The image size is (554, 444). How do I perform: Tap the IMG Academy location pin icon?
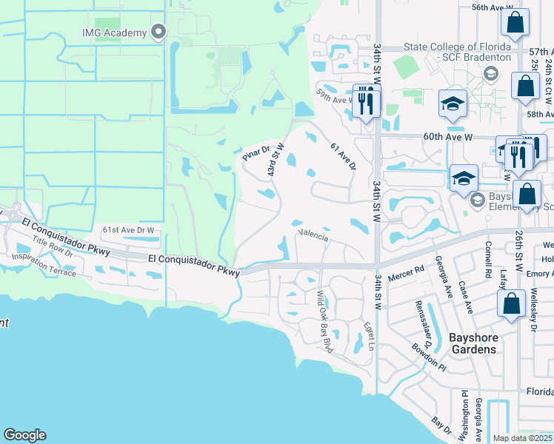coord(157,32)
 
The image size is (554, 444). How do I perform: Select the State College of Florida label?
coord(457,52)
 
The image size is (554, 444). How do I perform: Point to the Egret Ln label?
coord(368,334)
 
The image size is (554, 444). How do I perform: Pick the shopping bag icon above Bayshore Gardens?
coord(511,304)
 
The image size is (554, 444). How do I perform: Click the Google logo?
coord(24,435)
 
